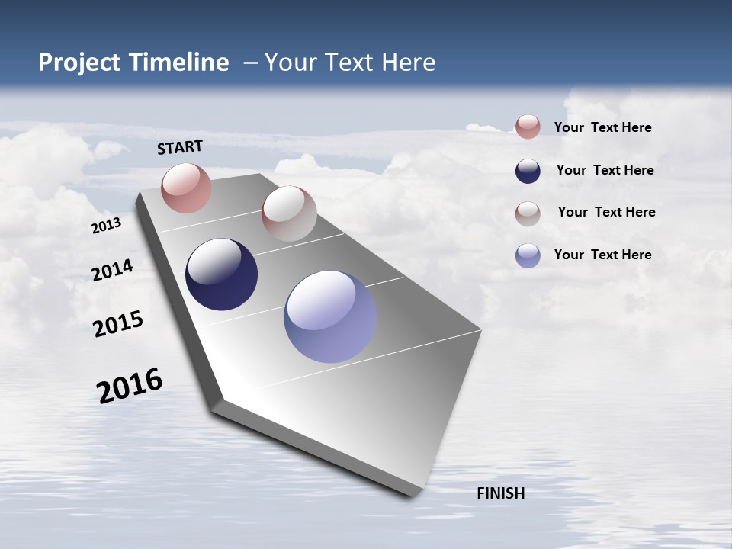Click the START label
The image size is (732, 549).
[180, 147]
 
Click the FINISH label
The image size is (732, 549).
[500, 493]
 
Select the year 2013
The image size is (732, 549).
[107, 226]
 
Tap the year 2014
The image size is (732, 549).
[113, 271]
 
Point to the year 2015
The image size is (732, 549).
[118, 324]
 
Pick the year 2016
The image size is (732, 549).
[130, 386]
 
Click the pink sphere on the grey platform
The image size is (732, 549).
[186, 188]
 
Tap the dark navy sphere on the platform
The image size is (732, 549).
[221, 274]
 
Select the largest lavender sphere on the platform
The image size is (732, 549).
[330, 316]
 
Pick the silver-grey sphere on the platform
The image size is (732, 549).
[289, 213]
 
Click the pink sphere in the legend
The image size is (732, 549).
[528, 127]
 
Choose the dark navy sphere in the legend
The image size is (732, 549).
[528, 171]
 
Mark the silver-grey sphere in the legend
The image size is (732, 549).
[528, 213]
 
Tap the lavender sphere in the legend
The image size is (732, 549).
[528, 255]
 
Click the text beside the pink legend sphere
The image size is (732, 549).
[602, 127]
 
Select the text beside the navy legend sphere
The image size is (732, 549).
[605, 170]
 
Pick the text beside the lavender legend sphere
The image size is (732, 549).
[602, 255]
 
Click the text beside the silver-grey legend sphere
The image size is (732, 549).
[606, 212]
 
